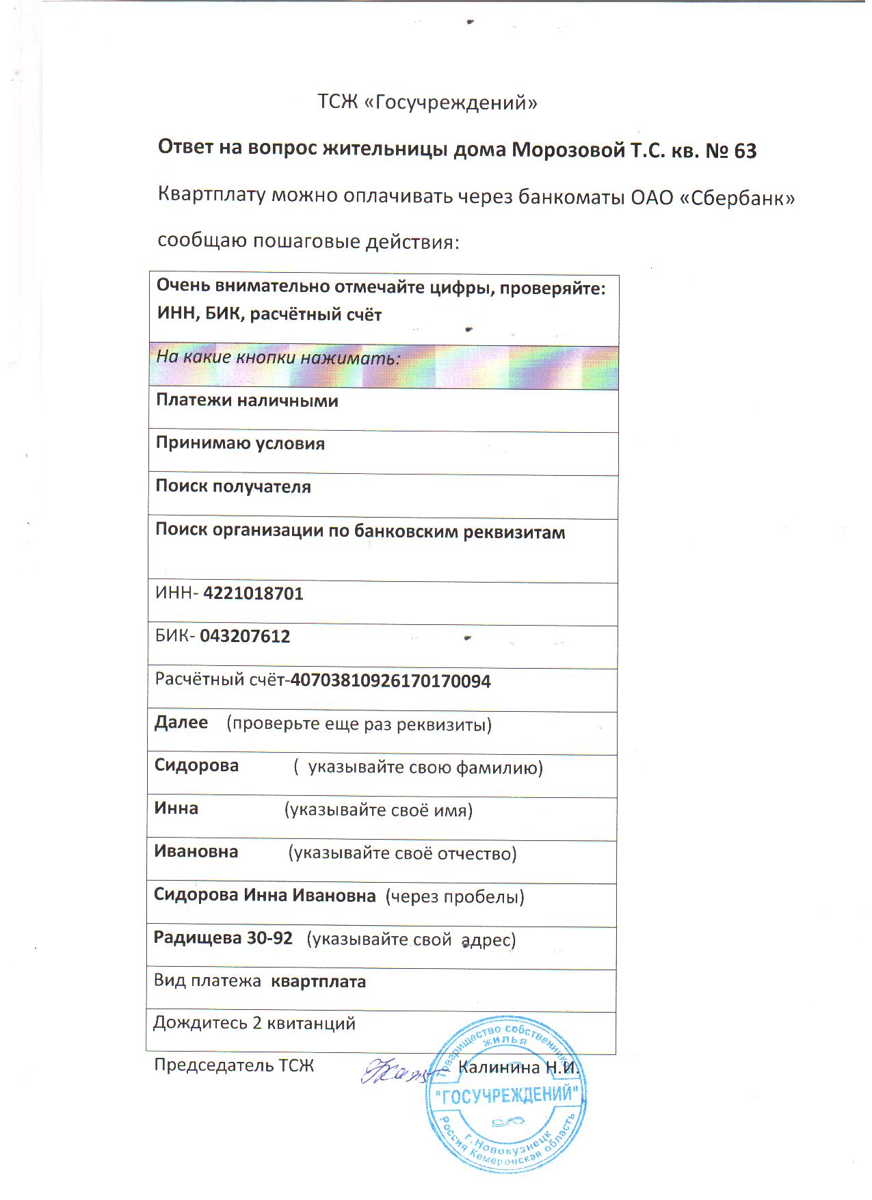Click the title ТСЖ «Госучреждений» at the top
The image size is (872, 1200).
[x=427, y=103]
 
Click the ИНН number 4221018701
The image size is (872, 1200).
[x=253, y=593]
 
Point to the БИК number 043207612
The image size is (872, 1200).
[x=245, y=637]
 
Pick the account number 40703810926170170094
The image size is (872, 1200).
[x=391, y=681]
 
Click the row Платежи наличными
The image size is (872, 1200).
[x=247, y=401]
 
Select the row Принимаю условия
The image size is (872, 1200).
[x=240, y=444]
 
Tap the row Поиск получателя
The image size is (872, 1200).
[x=233, y=487]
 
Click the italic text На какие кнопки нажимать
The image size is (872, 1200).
[x=278, y=358]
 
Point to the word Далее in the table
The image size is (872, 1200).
[x=181, y=723]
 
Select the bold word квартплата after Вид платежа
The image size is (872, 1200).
[x=319, y=982]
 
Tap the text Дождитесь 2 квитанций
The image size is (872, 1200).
[x=254, y=1023]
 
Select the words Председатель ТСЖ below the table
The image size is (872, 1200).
[x=234, y=1065]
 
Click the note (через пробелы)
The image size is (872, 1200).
[x=455, y=896]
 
